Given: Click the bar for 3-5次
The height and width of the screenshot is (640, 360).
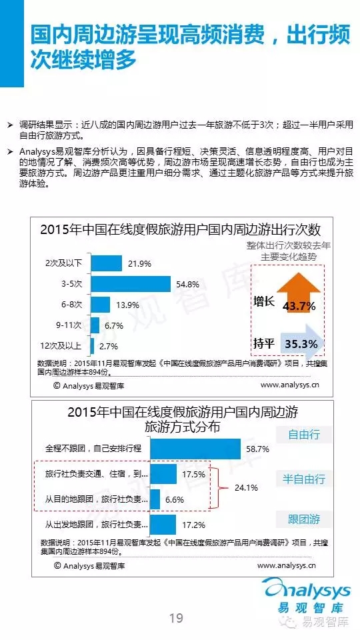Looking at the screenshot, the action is pyautogui.click(x=131, y=284).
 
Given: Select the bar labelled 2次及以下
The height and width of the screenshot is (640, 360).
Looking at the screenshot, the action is pyautogui.click(x=106, y=263).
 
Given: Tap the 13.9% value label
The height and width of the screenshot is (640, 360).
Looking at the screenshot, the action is pyautogui.click(x=127, y=305).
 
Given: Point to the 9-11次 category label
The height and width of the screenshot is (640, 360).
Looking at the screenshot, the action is pyautogui.click(x=69, y=325).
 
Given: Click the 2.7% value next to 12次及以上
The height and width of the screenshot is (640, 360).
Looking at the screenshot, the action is pyautogui.click(x=109, y=347).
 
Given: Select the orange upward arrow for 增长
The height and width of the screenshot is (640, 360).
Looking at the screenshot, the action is pyautogui.click(x=299, y=293).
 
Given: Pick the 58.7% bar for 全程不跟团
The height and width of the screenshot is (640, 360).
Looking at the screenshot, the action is pyautogui.click(x=195, y=449).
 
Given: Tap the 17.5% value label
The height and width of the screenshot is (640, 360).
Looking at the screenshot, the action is pyautogui.click(x=193, y=474).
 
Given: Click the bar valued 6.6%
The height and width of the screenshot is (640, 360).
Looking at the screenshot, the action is pyautogui.click(x=155, y=499).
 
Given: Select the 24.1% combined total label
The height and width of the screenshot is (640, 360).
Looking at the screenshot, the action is pyautogui.click(x=247, y=487).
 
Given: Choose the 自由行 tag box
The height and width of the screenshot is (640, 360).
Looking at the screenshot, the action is pyautogui.click(x=304, y=435).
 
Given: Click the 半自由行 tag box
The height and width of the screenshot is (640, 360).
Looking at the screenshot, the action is pyautogui.click(x=304, y=479).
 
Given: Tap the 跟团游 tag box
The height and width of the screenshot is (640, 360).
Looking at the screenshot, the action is pyautogui.click(x=304, y=519).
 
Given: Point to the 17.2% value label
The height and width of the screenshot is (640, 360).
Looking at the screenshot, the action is pyautogui.click(x=193, y=525).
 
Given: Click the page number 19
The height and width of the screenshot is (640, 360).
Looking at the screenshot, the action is pyautogui.click(x=176, y=618).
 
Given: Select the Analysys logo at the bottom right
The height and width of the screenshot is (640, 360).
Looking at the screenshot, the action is pyautogui.click(x=307, y=595).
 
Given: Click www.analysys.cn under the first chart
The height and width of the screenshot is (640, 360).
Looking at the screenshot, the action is pyautogui.click(x=290, y=385).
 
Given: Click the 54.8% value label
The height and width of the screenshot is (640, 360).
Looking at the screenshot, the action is pyautogui.click(x=187, y=285).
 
